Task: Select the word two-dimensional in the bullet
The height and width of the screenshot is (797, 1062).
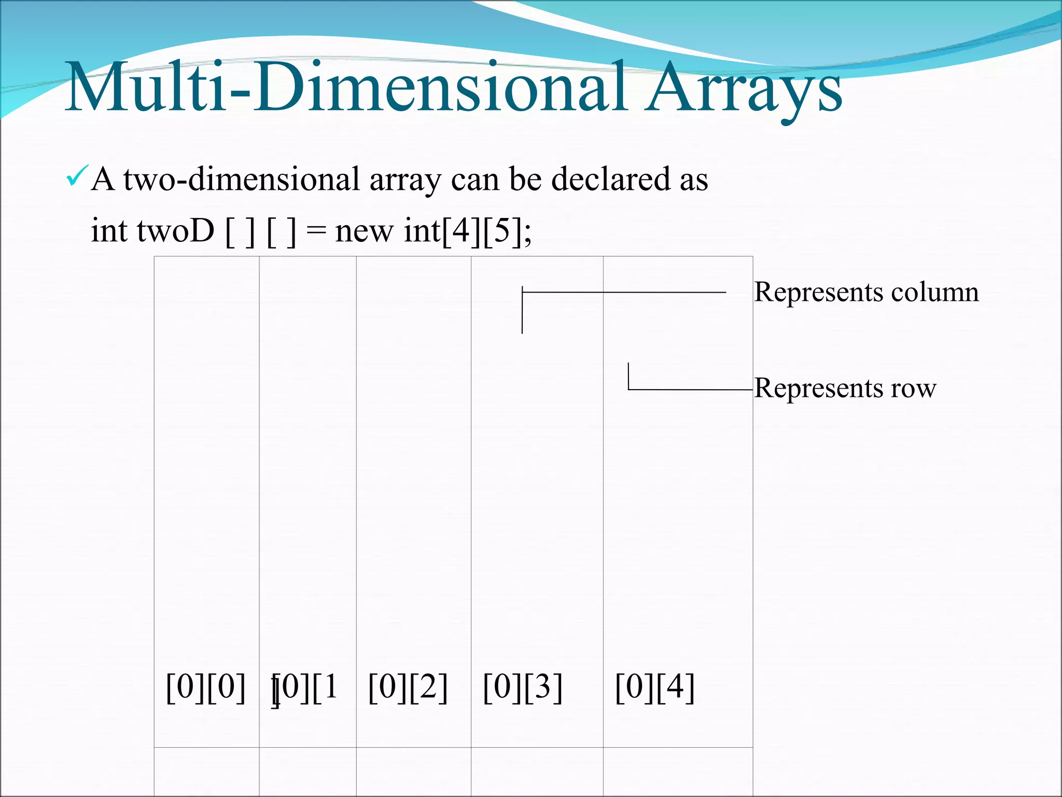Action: (242, 180)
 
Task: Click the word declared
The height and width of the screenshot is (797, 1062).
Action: (610, 180)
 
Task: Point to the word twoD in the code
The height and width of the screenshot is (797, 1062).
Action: (175, 230)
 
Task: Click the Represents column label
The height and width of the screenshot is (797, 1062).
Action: (866, 292)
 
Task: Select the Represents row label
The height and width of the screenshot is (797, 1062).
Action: (845, 388)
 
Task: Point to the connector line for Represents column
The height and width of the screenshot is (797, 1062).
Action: (622, 293)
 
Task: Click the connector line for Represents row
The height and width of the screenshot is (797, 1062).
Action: (690, 389)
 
